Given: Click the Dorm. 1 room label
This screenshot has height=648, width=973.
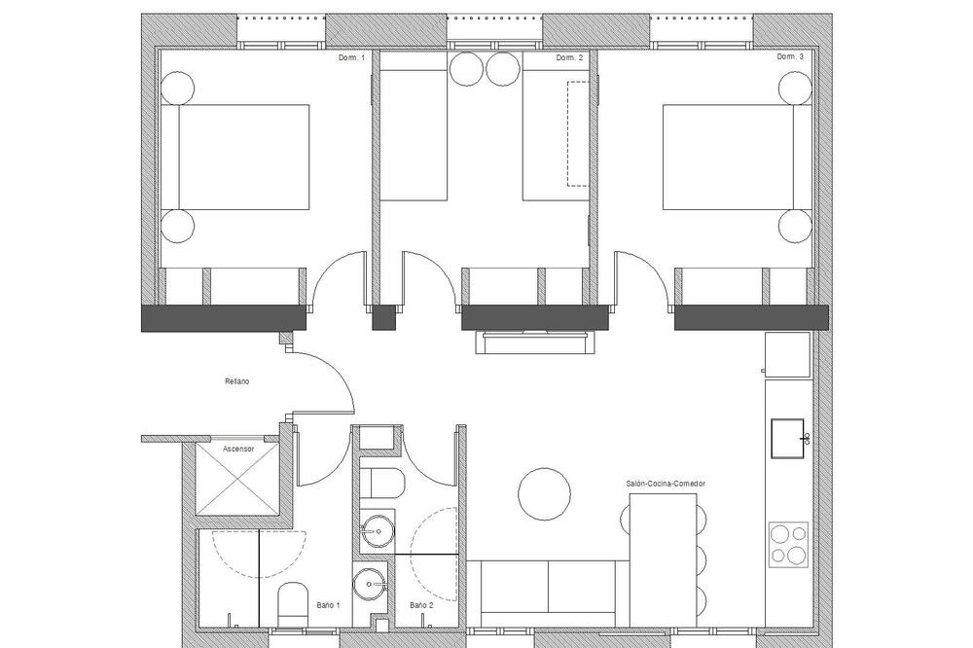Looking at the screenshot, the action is coord(351,57).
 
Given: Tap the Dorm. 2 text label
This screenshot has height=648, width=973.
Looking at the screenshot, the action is coord(569,57).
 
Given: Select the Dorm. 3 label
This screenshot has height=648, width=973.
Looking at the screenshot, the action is coord(790,56).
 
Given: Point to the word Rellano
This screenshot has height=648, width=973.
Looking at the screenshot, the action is coord(237,381).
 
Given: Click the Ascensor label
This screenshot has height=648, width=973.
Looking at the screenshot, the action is coord(238,449).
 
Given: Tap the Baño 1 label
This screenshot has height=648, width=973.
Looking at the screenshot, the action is coord(328,604).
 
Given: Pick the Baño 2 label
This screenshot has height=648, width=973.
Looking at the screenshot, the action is coord(421,604).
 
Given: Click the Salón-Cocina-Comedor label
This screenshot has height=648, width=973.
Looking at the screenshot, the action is coord(666,484).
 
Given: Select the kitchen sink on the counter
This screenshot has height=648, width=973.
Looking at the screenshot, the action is coord(787,438).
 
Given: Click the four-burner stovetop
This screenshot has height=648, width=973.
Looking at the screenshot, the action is coord(789,544).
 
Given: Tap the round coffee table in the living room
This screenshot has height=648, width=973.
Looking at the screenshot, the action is coord(544,494).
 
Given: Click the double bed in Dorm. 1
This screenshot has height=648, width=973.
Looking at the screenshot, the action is coord(235,157).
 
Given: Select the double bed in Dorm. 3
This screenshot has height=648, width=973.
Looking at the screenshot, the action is coord(738,157).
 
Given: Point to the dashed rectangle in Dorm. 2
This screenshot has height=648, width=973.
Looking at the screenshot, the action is coord(577,133).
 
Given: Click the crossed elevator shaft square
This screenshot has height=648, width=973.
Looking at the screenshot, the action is coord(237,479).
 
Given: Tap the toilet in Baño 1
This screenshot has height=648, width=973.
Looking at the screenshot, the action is coord(293,604).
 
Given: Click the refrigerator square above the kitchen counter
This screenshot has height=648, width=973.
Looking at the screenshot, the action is coord(787,354).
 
